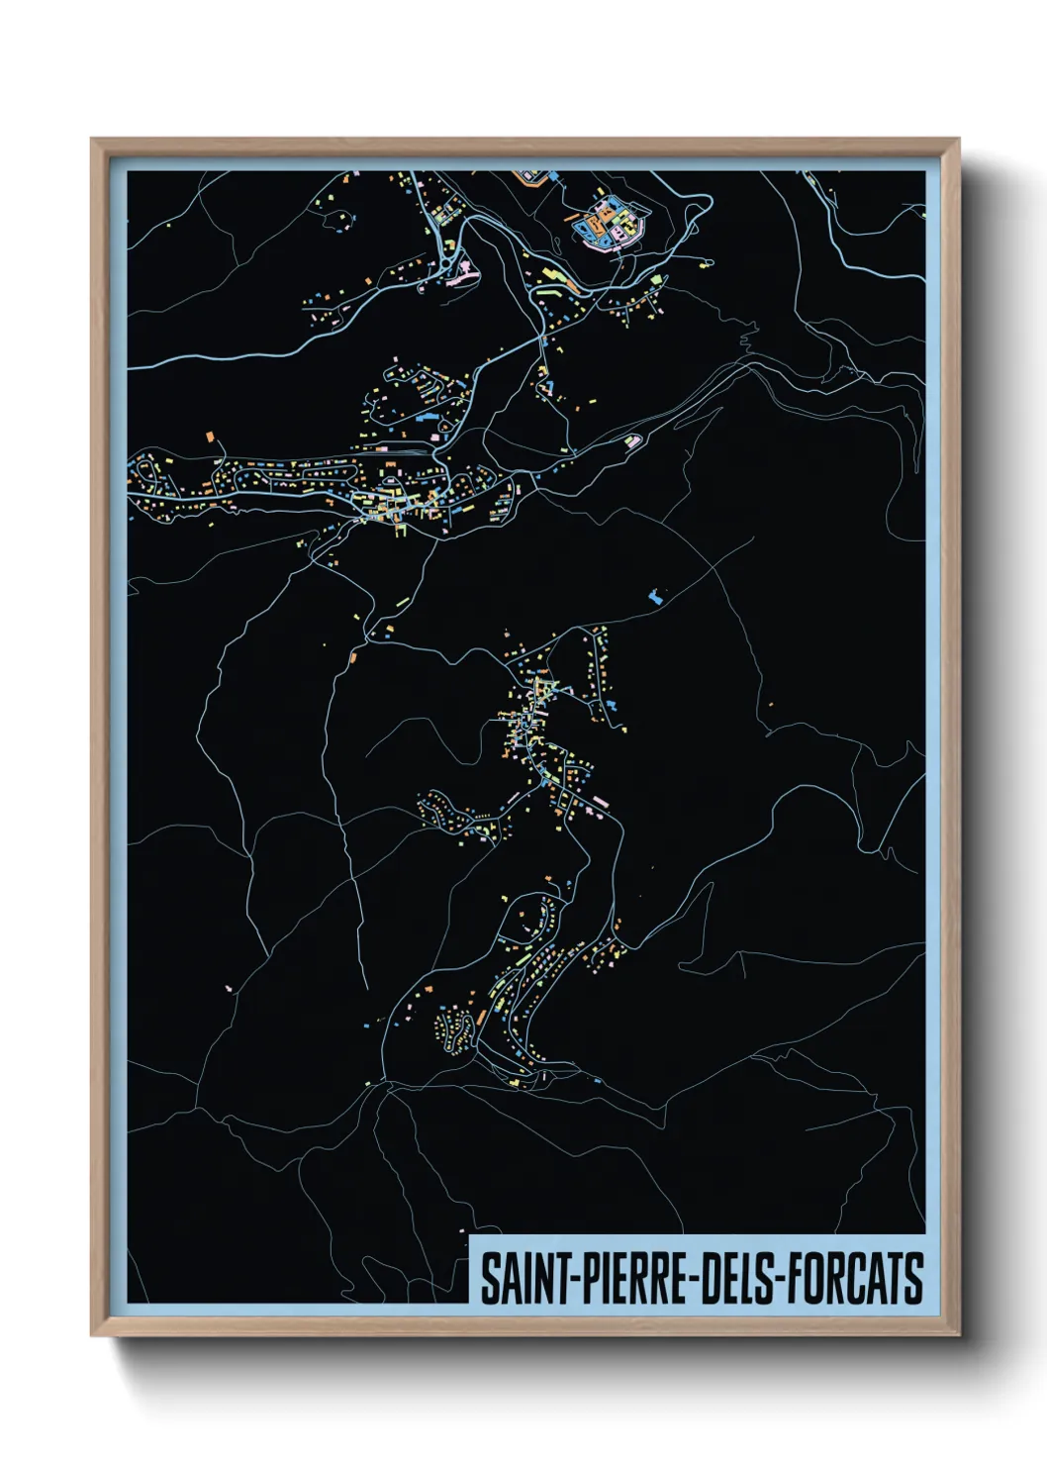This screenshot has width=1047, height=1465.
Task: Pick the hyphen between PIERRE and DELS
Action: (x=694, y=1279)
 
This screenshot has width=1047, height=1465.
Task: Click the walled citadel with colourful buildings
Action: (x=608, y=223)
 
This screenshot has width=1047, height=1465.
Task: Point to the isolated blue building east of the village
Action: (x=653, y=596)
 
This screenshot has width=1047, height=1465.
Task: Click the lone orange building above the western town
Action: (x=210, y=436)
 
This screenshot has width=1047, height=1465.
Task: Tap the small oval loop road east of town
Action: (x=633, y=439)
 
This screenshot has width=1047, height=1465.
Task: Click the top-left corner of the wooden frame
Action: (x=93, y=141)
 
